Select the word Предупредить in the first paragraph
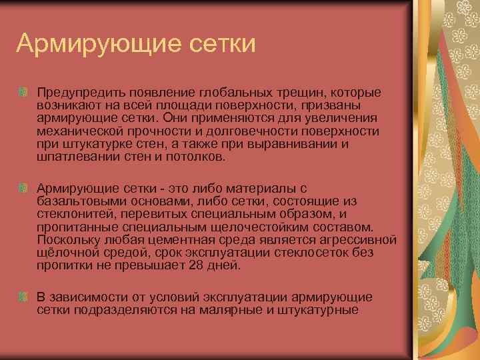73,91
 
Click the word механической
79,131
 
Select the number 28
197,265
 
